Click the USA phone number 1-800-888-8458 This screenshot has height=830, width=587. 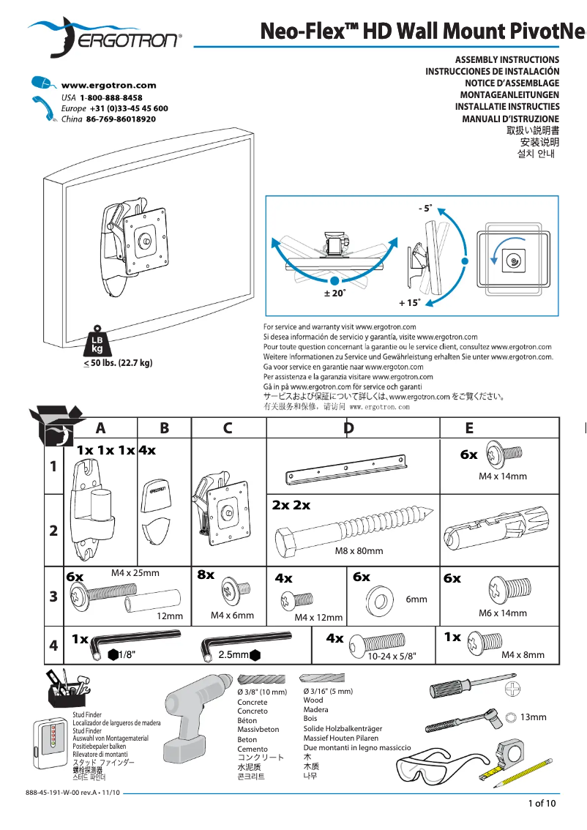coord(111,97)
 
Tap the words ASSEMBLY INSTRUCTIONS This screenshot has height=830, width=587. coord(507,59)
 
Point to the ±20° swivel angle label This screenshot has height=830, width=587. coord(334,293)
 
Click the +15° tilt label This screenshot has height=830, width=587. coord(409,302)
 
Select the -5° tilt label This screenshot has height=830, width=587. coord(425,209)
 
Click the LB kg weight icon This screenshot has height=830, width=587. coord(97,343)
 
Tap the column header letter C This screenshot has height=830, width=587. coord(228,428)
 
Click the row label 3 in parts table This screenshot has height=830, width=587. coord(53,597)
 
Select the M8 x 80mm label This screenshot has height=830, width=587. coord(359,551)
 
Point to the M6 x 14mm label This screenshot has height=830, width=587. coord(502,613)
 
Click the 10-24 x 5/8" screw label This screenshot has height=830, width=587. coord(391,657)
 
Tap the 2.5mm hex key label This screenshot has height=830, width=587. coord(233,654)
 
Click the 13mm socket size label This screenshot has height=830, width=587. coord(534,717)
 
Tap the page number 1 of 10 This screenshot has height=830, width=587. coord(542,804)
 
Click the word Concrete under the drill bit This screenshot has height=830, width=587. coord(253,702)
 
